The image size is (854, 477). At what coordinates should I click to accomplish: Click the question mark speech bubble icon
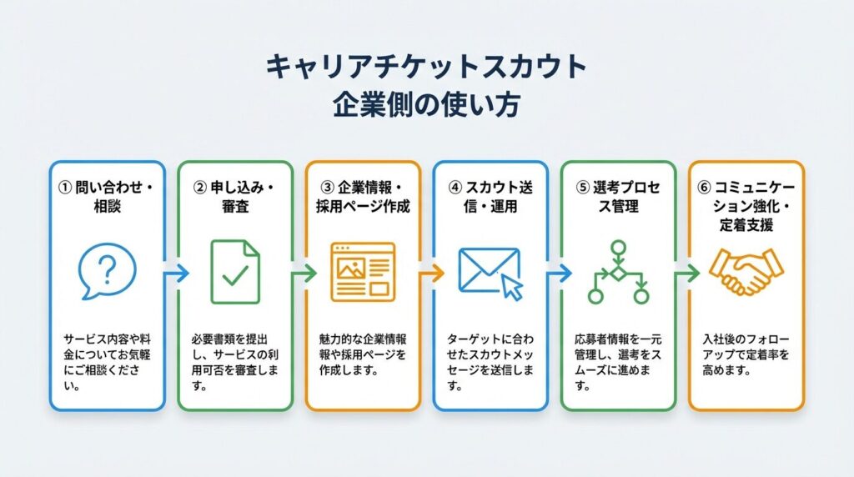click(x=107, y=271)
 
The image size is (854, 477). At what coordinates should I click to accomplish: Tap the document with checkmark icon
click(x=234, y=271)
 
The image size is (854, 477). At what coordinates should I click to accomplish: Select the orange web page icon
click(x=363, y=271)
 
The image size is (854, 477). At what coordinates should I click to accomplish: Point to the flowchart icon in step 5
click(x=618, y=272)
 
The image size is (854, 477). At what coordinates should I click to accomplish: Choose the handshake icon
click(x=746, y=272)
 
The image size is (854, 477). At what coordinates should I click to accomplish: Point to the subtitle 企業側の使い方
click(x=426, y=106)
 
